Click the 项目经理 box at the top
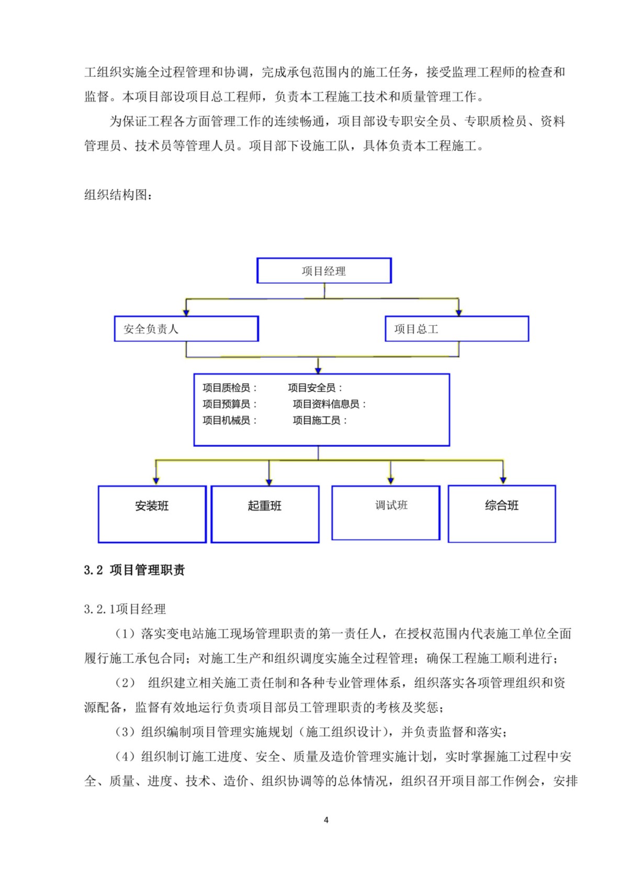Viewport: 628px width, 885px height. [x=324, y=271]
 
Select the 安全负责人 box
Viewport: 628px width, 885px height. [x=186, y=329]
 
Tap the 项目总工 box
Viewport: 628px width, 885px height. [x=457, y=329]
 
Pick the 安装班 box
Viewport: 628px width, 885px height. [x=152, y=514]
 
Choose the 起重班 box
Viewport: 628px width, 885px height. [x=265, y=514]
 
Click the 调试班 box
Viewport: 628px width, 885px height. [x=386, y=513]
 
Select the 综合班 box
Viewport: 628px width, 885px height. [x=502, y=513]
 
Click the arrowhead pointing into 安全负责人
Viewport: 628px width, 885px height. [x=186, y=312]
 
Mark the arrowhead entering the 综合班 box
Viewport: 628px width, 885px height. [x=503, y=480]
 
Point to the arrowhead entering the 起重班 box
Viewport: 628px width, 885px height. [x=269, y=481]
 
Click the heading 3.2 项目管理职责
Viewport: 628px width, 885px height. [x=134, y=570]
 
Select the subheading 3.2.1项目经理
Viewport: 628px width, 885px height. [x=125, y=609]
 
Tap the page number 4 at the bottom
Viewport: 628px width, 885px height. [x=326, y=820]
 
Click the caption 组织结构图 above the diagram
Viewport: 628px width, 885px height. [x=119, y=195]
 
